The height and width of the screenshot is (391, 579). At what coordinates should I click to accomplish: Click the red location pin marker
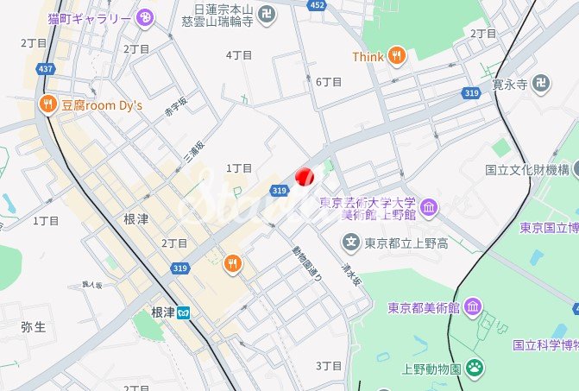pos(304,175)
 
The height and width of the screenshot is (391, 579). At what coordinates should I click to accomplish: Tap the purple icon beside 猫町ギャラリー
pos(145,16)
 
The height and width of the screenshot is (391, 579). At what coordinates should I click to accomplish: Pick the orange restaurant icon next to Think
pos(396,55)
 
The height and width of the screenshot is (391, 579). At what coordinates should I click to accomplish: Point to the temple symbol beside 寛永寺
pos(541,84)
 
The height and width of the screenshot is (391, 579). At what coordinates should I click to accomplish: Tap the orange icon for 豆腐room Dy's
pos(47,104)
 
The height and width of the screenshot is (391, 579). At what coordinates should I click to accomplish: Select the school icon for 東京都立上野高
pos(351,242)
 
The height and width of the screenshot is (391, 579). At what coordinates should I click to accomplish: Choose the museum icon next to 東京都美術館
pos(472,307)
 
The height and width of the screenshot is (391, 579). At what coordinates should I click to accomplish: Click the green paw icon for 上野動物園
pos(475,367)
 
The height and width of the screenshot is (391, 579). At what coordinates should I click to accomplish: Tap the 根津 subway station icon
pos(184,312)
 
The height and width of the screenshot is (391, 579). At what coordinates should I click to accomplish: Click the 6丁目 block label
pos(329,81)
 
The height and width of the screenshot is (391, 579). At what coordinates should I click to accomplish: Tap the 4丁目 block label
pos(238,54)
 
